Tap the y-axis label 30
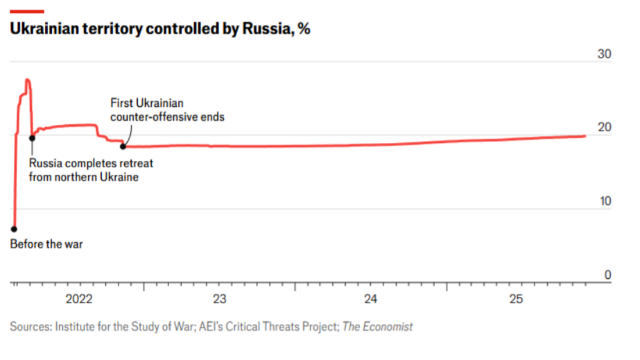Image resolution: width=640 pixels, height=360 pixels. [x=605, y=55]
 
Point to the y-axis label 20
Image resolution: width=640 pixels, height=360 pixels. [x=605, y=128]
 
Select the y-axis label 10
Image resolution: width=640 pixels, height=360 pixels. [x=605, y=202]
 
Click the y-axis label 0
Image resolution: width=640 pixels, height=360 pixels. [x=608, y=275]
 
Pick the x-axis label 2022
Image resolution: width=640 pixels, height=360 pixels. [x=79, y=300]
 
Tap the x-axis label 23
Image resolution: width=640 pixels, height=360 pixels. [x=219, y=300]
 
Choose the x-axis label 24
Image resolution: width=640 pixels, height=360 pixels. [x=370, y=300]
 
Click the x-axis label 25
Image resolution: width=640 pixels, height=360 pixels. [x=516, y=300]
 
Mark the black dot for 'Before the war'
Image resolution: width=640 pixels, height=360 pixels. [x=14, y=229]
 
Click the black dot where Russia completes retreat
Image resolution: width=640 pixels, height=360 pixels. [x=32, y=138]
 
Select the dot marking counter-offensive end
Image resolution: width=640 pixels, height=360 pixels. [x=123, y=146]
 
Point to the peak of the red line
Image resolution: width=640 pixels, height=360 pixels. [x=27, y=80]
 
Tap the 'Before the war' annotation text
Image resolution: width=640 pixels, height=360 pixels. [x=46, y=244]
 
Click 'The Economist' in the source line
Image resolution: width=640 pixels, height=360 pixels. [x=379, y=326]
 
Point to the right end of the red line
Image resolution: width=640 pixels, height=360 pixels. [x=585, y=136]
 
